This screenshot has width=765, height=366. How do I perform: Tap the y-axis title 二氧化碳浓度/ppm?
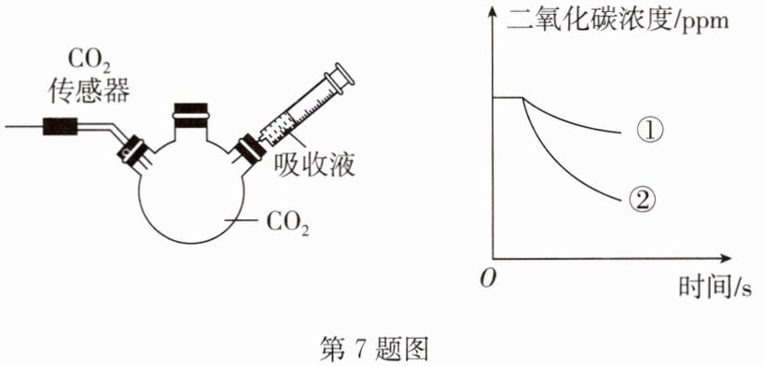tap(619, 21)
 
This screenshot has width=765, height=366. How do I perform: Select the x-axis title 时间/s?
tap(715, 287)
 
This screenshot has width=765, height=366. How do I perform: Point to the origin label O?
tap(487, 278)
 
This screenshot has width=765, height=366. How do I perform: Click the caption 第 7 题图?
tap(374, 348)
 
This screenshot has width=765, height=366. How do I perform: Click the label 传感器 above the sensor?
tap(90, 91)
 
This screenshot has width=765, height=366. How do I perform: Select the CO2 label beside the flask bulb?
tap(288, 223)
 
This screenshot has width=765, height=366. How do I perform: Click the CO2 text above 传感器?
tap(89, 62)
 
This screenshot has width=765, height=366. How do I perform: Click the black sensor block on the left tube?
tap(60, 127)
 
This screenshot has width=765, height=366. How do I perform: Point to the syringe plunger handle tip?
tap(343, 75)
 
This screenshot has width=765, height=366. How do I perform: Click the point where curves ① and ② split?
tap(523, 98)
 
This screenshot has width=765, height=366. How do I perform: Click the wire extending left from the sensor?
tap(24, 127)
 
